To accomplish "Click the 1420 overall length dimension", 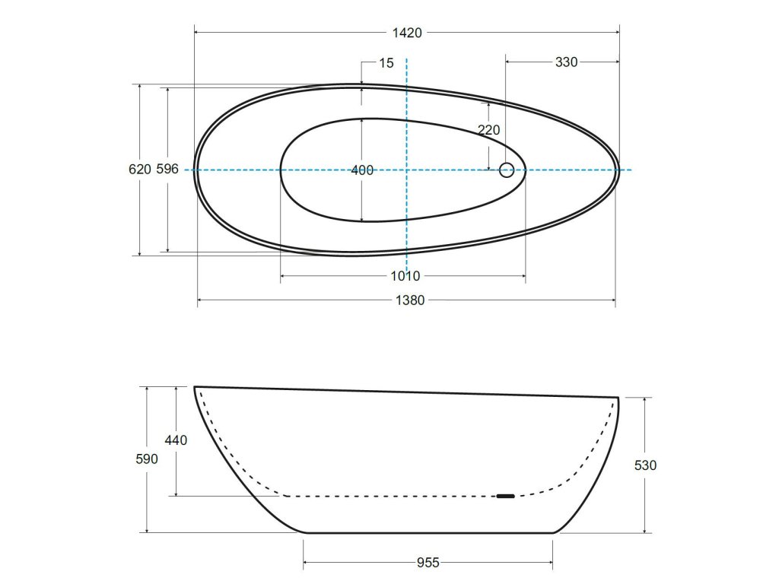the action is click(407, 33).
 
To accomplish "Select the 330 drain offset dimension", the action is click(566, 62).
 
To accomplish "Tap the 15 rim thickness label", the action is click(386, 63).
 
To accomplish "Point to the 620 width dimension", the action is click(140, 170).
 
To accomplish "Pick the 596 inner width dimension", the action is click(167, 169).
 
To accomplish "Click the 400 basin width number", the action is click(362, 170).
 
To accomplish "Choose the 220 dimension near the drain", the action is click(489, 130).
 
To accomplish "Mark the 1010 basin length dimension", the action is click(405, 276).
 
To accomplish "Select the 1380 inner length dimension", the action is click(410, 300).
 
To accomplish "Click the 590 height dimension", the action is click(147, 459).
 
